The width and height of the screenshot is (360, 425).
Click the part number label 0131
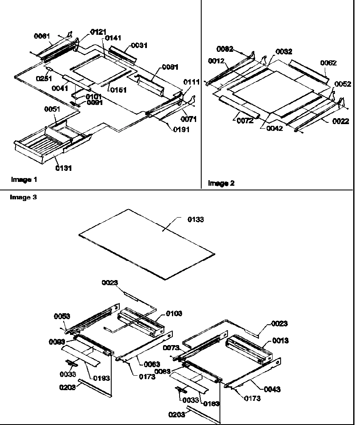pyautogui.click(x=64, y=168)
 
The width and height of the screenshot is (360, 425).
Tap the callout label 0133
pyautogui.click(x=196, y=219)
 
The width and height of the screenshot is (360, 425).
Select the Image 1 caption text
pyautogui.click(x=24, y=180)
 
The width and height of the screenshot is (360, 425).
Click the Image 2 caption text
pyautogui.click(x=221, y=183)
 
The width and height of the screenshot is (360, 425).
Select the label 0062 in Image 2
pyautogui.click(x=329, y=63)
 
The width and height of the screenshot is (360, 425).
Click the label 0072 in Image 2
pyautogui.click(x=245, y=121)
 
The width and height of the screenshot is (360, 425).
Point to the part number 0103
pyautogui.click(x=174, y=313)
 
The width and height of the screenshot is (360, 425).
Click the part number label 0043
pyautogui.click(x=272, y=389)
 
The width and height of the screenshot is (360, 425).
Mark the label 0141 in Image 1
pyautogui.click(x=113, y=38)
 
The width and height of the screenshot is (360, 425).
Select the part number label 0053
pyautogui.click(x=62, y=316)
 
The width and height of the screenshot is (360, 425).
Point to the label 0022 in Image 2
pyautogui.click(x=341, y=121)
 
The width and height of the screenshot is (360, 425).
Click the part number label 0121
pyautogui.click(x=99, y=32)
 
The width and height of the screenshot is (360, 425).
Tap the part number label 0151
pyautogui.click(x=118, y=90)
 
